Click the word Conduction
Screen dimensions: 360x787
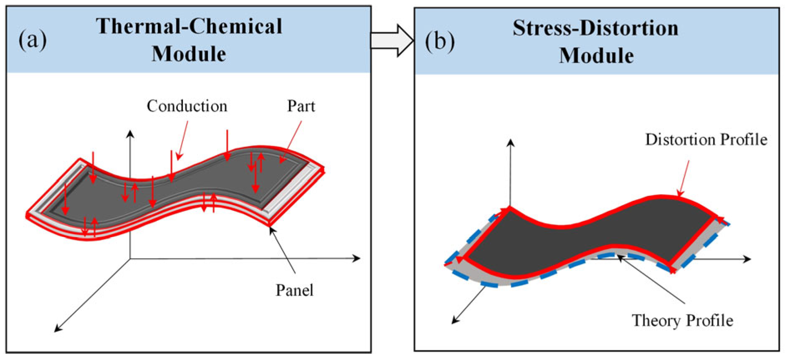(x=187, y=106)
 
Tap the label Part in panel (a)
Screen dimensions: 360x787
(x=301, y=106)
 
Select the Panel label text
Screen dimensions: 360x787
(x=294, y=290)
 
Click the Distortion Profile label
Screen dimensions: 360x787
(x=706, y=139)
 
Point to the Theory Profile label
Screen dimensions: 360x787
(x=682, y=320)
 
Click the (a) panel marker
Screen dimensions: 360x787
(x=33, y=40)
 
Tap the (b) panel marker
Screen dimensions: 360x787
(x=440, y=41)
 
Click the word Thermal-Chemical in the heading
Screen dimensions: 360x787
(x=189, y=26)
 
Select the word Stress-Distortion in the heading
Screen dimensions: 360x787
(x=595, y=28)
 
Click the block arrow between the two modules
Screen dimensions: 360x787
(x=392, y=41)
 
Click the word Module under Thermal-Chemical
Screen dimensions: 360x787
(x=189, y=54)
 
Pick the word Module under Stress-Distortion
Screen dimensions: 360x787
(x=596, y=56)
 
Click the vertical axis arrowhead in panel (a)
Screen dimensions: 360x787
(x=130, y=134)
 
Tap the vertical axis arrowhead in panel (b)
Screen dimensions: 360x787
(x=510, y=143)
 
